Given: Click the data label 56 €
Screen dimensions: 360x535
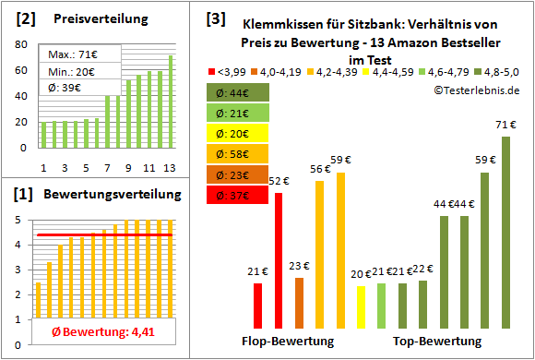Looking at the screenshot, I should [x=320, y=168].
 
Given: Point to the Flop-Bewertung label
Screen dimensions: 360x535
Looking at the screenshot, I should [x=287, y=341].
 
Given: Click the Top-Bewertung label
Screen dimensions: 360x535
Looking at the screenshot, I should [x=436, y=341].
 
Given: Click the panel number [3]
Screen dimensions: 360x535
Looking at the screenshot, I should [x=215, y=18].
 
